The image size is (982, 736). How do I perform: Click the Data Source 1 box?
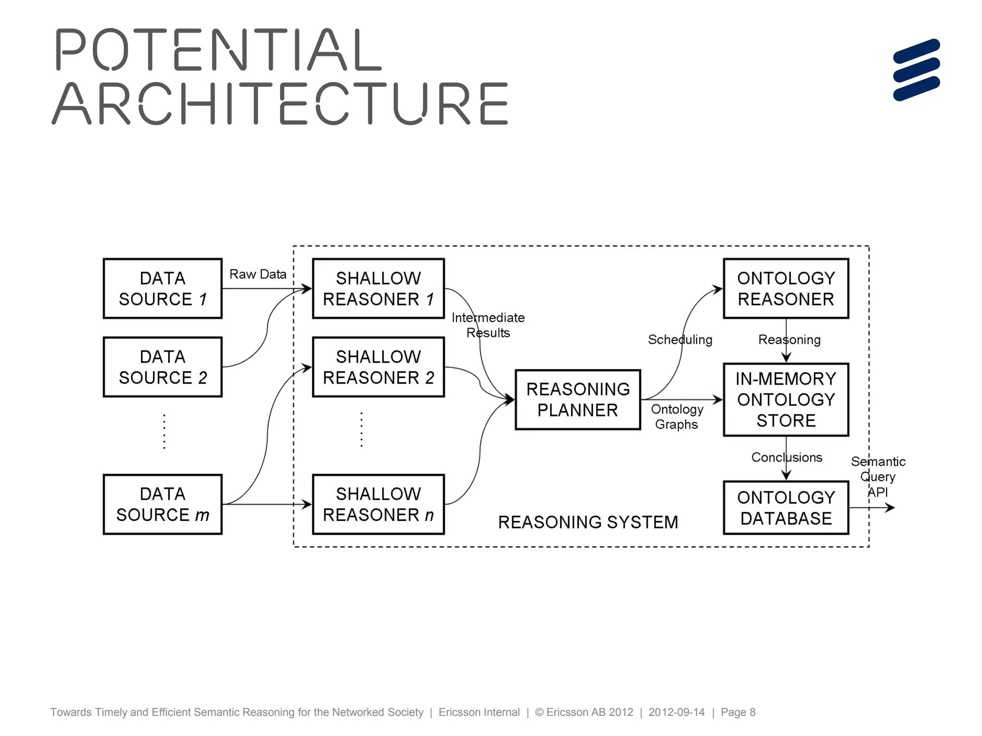click(163, 288)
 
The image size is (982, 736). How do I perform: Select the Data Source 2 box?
click(163, 367)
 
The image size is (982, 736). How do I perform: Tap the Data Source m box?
click(163, 504)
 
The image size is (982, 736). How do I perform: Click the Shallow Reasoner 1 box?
click(378, 288)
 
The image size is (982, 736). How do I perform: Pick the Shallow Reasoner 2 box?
click(378, 367)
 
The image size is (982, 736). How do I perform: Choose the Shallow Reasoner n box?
click(378, 504)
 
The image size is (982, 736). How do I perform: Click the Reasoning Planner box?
click(578, 400)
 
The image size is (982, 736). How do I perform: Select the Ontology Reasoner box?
click(786, 288)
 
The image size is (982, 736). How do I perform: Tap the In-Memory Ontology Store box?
click(786, 400)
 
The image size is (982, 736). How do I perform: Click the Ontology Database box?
click(786, 508)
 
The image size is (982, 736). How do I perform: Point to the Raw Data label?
click(258, 274)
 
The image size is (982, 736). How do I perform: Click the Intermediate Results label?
click(488, 325)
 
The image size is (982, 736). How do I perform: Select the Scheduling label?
click(680, 340)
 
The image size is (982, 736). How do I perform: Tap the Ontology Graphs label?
click(677, 417)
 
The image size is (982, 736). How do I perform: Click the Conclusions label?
click(786, 458)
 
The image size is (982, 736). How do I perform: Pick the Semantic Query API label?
click(878, 477)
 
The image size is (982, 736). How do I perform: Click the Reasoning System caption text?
click(588, 522)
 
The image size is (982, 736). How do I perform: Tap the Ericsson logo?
click(916, 70)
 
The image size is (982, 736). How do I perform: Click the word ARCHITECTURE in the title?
click(280, 103)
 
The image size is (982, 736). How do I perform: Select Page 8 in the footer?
click(738, 712)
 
